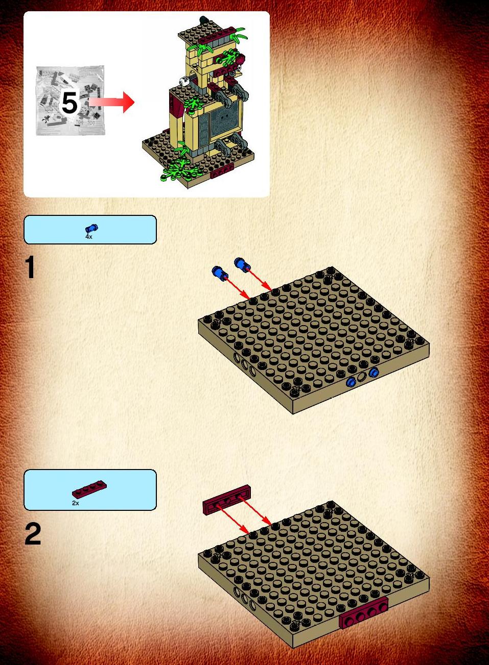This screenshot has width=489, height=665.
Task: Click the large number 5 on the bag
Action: [x=70, y=103]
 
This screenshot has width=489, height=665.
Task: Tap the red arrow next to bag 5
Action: [x=111, y=103]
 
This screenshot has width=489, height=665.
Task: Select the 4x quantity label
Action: [x=89, y=237]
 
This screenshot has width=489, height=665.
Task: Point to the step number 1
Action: [x=30, y=268]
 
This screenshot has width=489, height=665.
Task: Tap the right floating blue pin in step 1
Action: [x=242, y=264]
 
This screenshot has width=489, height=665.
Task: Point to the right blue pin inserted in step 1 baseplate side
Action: [x=374, y=372]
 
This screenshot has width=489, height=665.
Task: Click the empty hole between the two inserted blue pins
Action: [x=362, y=377]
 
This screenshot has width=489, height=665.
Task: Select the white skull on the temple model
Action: [x=184, y=80]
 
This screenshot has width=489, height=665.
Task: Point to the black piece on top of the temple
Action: [x=203, y=20]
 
